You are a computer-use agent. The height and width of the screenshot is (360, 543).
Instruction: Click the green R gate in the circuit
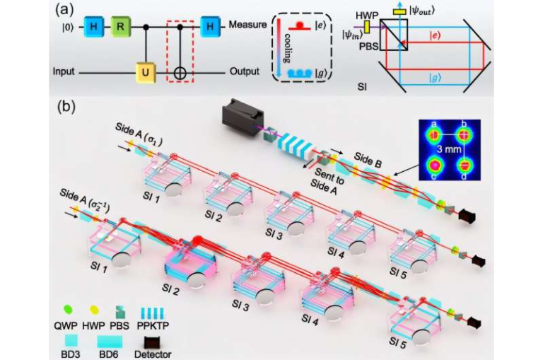[x=119, y=26]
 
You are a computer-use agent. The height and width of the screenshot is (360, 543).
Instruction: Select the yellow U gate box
[x=146, y=72]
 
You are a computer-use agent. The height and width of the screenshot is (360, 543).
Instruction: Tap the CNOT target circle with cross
[x=180, y=73]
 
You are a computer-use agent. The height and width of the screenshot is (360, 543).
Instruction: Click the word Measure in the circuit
[x=247, y=25]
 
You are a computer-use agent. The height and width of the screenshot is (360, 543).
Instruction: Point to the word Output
[x=245, y=71]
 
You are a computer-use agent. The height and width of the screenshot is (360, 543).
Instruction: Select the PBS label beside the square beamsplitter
[x=368, y=46]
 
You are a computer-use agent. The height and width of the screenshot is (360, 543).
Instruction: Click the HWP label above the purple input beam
[x=367, y=16]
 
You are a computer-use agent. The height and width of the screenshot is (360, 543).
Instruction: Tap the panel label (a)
[x=65, y=10]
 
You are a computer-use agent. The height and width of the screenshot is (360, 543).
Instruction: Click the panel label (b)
[x=66, y=107]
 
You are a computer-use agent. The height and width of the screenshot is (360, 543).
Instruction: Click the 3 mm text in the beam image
[x=448, y=149]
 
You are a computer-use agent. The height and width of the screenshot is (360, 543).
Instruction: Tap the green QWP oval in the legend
[x=68, y=309]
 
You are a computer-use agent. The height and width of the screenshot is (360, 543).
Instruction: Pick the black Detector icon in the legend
[x=153, y=343]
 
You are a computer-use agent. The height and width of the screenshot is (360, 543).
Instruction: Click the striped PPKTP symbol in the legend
[x=153, y=312]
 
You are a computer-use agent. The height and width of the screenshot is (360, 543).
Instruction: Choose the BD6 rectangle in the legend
[x=110, y=342]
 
